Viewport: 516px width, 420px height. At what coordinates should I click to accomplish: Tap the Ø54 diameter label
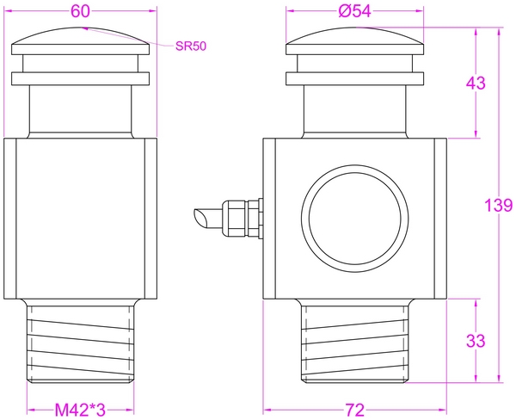tap(355, 10)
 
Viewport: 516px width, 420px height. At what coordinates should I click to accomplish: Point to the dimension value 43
tap(476, 83)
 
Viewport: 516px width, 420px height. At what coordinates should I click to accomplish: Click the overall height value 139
tap(498, 206)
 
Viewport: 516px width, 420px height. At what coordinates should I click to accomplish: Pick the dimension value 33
tap(476, 340)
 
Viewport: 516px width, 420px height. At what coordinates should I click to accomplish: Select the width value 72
tap(354, 408)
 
